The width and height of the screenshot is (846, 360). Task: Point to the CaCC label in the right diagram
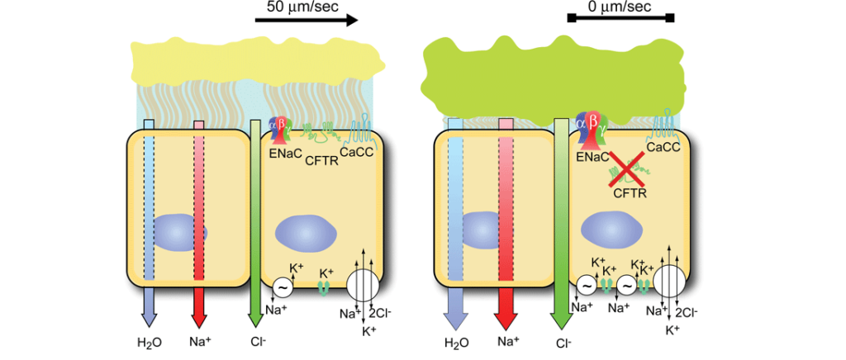coord(664,147)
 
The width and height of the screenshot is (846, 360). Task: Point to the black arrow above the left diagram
coord(307,20)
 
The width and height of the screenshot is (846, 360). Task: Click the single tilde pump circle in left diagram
coord(282,287)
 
